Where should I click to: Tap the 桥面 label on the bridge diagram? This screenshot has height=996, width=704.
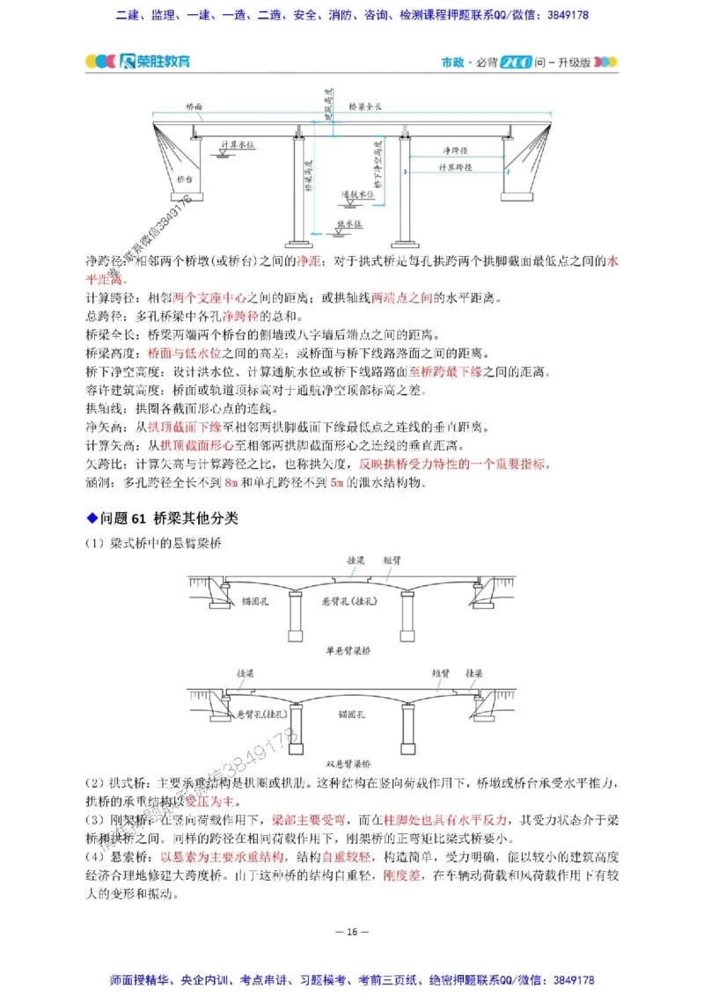coord(194,106)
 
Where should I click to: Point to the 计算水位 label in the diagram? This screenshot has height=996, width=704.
coord(237,143)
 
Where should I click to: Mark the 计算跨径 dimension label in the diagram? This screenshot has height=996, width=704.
coord(455,166)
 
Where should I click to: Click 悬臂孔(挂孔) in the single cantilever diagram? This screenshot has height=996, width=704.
coord(348,601)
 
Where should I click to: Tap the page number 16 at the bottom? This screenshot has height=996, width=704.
coord(351,932)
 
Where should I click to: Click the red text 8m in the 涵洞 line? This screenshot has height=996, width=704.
coord(232,483)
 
